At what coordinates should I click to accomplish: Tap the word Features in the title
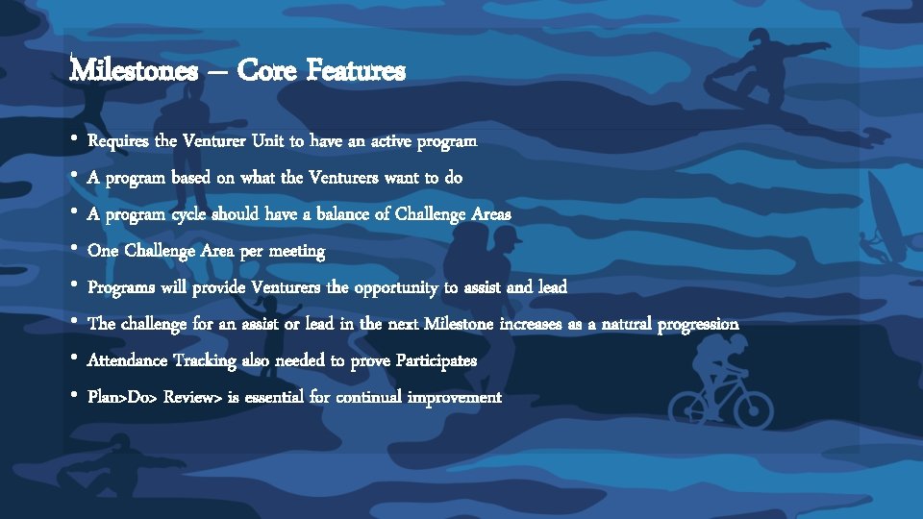pyautogui.click(x=358, y=70)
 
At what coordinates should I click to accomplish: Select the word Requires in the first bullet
pyautogui.click(x=118, y=141)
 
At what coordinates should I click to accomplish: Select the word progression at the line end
pyautogui.click(x=698, y=324)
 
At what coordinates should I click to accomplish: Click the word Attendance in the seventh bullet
pyautogui.click(x=127, y=360)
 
